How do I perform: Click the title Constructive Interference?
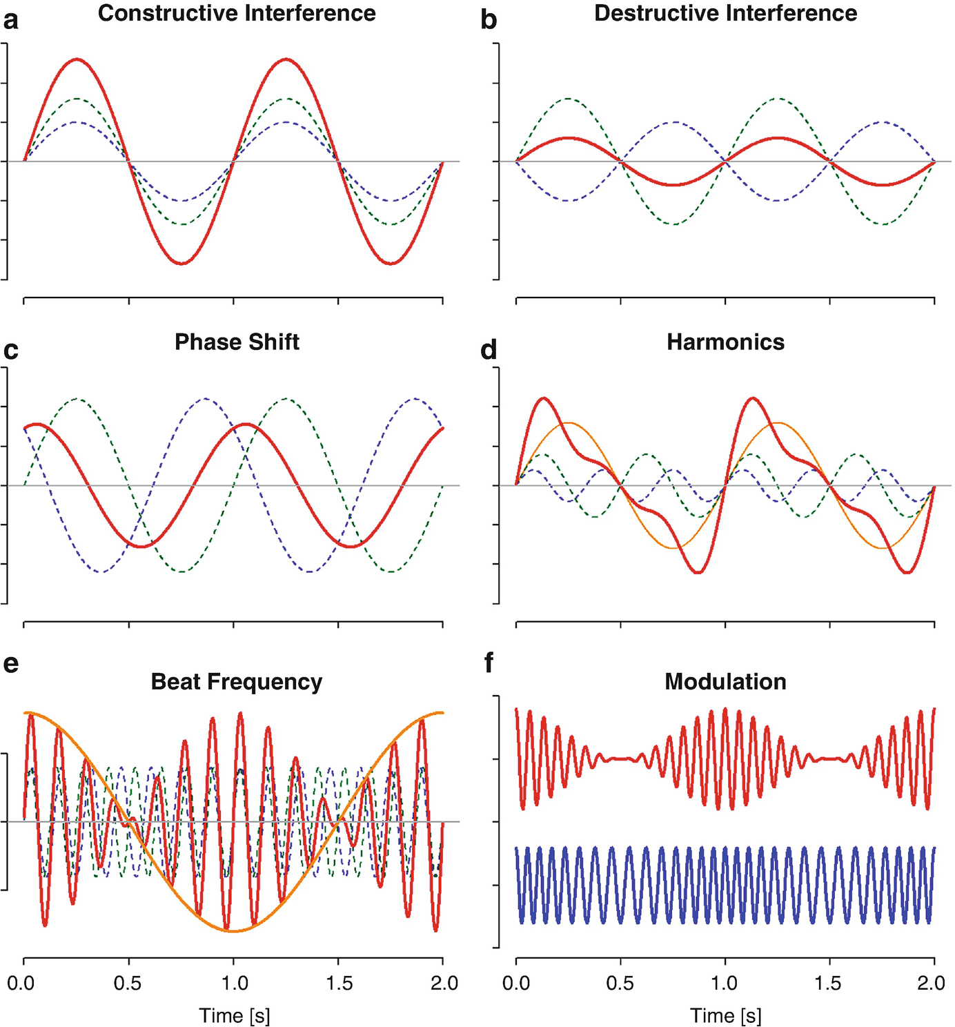(237, 13)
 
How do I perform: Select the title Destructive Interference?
(725, 13)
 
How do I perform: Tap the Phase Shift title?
(237, 342)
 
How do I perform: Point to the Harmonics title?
(725, 342)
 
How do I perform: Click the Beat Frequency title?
(237, 682)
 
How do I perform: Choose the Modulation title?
(725, 682)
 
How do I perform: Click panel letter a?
(11, 21)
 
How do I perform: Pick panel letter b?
(489, 21)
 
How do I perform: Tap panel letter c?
(11, 351)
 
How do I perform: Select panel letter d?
(489, 351)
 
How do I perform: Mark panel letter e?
(11, 664)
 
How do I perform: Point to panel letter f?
(489, 664)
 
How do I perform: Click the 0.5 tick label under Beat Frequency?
(128, 983)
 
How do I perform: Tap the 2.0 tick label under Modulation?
(934, 983)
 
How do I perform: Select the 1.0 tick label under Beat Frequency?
(233, 983)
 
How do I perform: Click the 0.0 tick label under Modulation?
(516, 983)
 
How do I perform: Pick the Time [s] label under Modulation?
(726, 1016)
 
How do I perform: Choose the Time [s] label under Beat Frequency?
(235, 1016)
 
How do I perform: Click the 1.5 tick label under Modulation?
(829, 983)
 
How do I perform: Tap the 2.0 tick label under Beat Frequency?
(442, 983)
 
